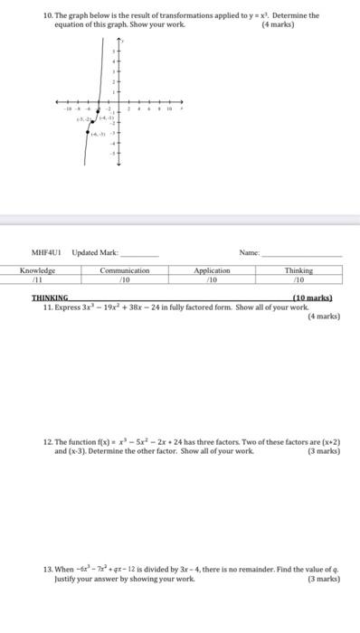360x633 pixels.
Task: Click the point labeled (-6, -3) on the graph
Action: [89, 131]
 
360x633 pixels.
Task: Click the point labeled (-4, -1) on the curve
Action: [99, 112]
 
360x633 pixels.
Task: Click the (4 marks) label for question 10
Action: [277, 24]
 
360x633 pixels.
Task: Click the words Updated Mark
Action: [95, 254]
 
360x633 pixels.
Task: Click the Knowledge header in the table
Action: [38, 270]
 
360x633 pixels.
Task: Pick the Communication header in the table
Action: [124, 270]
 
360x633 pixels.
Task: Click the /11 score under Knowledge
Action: [38, 279]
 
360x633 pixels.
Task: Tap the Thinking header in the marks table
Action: [298, 270]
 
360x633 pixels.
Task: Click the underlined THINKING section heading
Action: [50, 298]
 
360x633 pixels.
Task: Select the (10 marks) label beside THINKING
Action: [312, 298]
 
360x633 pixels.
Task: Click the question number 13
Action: [48, 569]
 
